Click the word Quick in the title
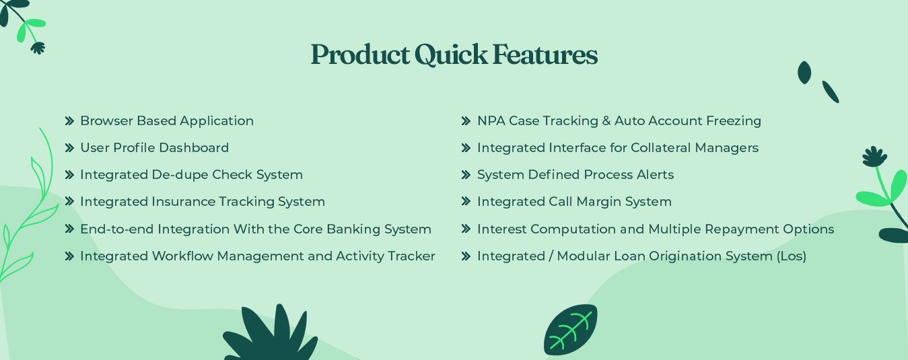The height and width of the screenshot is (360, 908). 451,55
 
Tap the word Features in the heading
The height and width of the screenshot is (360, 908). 545,55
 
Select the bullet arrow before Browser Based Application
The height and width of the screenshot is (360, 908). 69,121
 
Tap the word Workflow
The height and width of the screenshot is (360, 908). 182,256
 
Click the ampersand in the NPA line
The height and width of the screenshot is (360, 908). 606,121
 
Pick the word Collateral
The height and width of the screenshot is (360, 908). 661,147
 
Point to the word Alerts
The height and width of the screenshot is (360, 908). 655,175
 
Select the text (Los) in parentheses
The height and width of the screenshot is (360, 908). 792,256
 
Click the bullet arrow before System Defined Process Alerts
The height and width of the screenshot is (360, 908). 466,175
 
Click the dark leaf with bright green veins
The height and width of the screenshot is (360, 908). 570,330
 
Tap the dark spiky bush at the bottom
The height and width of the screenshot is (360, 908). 271,334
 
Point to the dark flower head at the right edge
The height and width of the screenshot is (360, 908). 874,157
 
